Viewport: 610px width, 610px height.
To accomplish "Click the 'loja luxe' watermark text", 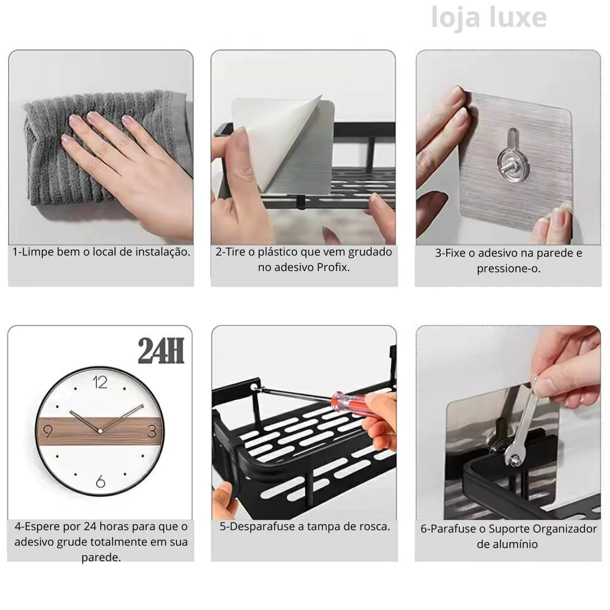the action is tap(489, 17).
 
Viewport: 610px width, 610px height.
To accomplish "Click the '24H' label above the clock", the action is tap(161, 350).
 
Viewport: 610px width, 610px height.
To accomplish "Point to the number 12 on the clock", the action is tap(100, 382).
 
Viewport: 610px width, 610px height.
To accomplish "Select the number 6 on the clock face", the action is tap(100, 481).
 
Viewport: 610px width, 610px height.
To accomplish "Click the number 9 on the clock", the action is tap(48, 431).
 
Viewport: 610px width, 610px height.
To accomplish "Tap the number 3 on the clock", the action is tap(152, 431).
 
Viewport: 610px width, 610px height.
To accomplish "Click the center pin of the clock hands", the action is tap(100, 431).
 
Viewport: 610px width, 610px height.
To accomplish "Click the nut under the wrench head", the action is tap(514, 460).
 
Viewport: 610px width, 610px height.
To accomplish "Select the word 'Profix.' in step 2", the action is tap(333, 267).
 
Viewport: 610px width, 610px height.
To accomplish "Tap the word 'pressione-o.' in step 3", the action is tap(509, 269).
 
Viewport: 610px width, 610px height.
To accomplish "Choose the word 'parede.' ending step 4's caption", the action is tap(101, 557).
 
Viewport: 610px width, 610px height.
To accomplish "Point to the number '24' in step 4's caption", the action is tap(90, 527).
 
